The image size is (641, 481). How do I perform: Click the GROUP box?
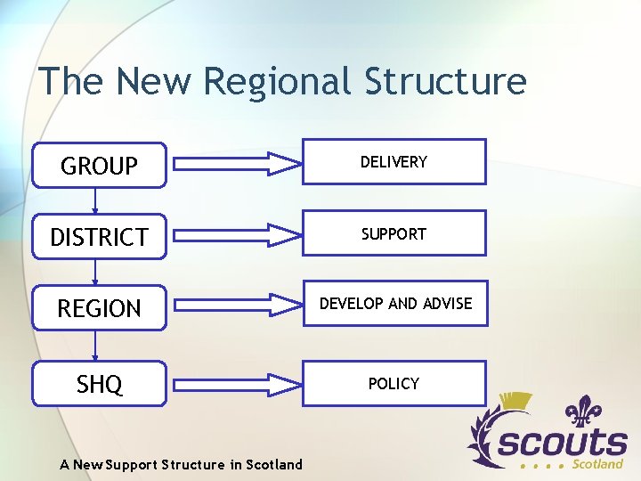click(x=100, y=166)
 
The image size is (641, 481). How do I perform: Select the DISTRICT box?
click(x=100, y=237)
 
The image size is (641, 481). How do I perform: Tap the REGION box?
click(x=100, y=308)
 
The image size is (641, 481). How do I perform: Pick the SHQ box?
click(x=100, y=384)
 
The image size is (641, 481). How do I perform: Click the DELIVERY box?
click(x=394, y=162)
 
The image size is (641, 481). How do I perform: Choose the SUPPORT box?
click(x=394, y=233)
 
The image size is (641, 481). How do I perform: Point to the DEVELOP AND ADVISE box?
click(x=395, y=304)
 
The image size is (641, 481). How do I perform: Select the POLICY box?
click(x=394, y=384)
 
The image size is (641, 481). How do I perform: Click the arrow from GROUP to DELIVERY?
click(x=237, y=164)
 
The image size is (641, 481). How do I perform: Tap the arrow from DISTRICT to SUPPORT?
click(x=237, y=235)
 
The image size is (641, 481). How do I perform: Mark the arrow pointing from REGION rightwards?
click(x=237, y=306)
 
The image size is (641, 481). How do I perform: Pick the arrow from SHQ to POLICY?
click(x=237, y=385)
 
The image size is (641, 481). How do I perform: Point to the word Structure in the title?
click(x=445, y=82)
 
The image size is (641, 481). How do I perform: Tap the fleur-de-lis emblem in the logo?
click(x=584, y=414)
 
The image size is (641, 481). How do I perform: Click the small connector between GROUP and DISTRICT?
click(x=95, y=201)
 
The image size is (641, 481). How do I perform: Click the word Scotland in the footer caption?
click(x=274, y=464)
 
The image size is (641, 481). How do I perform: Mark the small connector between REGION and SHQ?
click(x=95, y=346)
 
